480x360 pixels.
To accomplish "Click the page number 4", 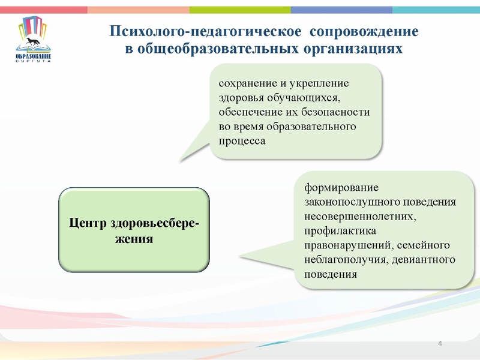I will click(x=440, y=343).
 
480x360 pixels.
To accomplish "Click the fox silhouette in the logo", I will click(x=32, y=42).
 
